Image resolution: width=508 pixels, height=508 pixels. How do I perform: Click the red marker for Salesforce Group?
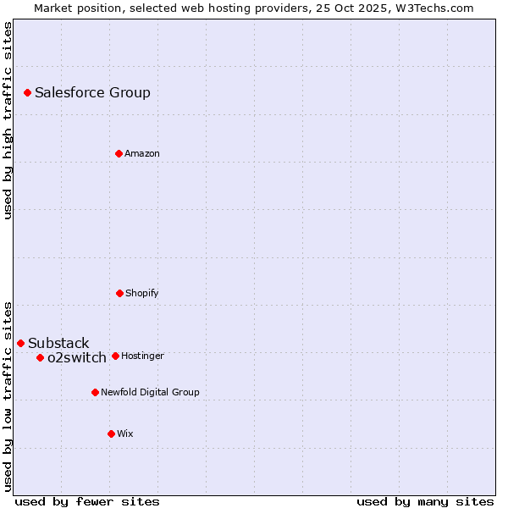point(27,92)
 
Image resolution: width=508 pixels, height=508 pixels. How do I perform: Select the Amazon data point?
point(119,153)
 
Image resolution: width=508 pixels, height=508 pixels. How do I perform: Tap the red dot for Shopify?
point(119,293)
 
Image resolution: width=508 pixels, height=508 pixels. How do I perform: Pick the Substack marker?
point(20,343)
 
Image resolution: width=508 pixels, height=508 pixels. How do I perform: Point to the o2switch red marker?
point(40,357)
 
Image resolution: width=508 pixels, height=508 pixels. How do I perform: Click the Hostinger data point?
point(115,356)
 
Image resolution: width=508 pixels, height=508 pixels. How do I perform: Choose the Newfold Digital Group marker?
point(95,392)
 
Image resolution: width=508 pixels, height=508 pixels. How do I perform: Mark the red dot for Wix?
point(111,433)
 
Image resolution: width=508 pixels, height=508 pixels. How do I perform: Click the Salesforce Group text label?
point(92,93)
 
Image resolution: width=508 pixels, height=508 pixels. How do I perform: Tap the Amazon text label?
point(142,154)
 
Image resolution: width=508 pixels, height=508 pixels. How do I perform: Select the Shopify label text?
point(142,294)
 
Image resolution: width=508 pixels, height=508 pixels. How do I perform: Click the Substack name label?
point(58,344)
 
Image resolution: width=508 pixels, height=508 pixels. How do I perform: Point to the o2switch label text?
point(77,358)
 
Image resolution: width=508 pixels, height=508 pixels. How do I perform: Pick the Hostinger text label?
point(142,356)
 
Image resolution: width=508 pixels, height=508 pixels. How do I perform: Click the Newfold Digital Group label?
point(150,393)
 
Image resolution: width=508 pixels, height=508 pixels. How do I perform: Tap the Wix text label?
point(125,434)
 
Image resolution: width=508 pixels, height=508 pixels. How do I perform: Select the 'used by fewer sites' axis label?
point(87,501)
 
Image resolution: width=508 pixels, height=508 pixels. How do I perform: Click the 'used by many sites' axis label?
point(425,501)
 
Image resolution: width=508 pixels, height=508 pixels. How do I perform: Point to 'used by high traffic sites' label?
point(8,120)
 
